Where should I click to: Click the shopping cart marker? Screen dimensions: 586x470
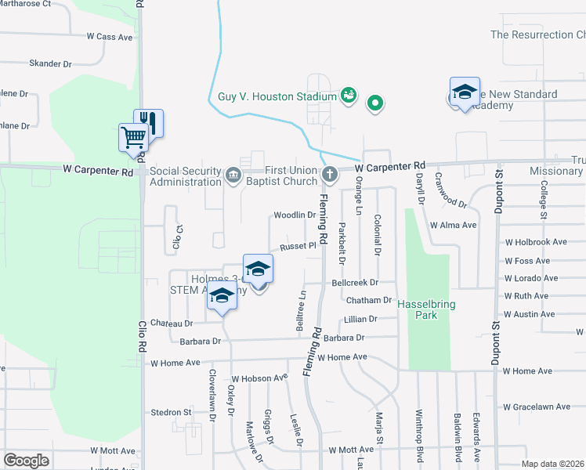pyautogui.click(x=133, y=138)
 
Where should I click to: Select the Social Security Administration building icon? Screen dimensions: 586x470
pyautogui.click(x=233, y=174)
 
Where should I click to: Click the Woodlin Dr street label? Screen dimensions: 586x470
pyautogui.click(x=295, y=215)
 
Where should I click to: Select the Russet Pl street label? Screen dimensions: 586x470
pyautogui.click(x=298, y=246)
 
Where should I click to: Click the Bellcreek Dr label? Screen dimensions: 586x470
pyautogui.click(x=355, y=282)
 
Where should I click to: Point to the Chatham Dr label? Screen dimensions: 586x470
pyautogui.click(x=367, y=300)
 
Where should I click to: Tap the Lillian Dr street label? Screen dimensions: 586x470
pyautogui.click(x=360, y=319)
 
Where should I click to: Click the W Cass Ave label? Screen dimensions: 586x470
pyautogui.click(x=111, y=37)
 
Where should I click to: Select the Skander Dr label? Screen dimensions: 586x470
pyautogui.click(x=50, y=63)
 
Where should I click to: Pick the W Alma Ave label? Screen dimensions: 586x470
pyautogui.click(x=453, y=225)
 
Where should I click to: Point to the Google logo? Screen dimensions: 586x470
pyautogui.click(x=26, y=461)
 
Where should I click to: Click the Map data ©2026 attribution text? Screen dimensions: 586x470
pyautogui.click(x=552, y=464)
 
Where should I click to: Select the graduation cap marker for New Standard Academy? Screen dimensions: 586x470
pyautogui.click(x=465, y=92)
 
